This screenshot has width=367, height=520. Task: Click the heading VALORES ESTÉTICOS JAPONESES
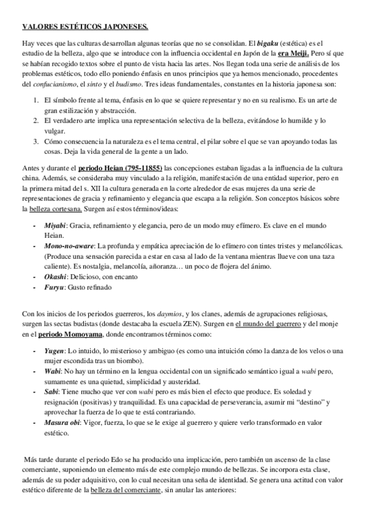[x=85, y=27]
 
